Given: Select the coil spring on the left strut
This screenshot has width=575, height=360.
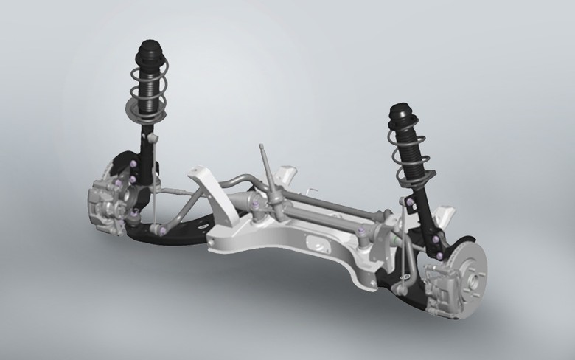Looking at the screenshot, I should tap(150, 85).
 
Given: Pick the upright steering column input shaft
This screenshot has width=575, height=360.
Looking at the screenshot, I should tap(267, 166).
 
